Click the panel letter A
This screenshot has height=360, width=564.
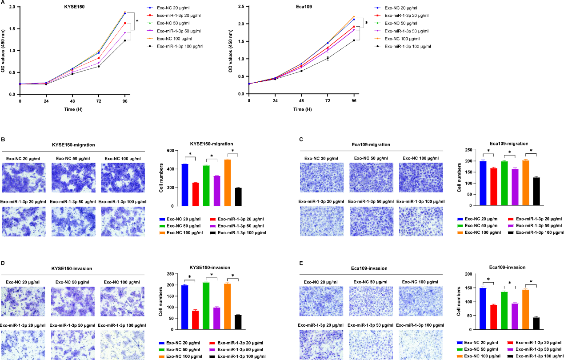coord(4,3)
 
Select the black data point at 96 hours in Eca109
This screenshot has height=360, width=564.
coord(354,40)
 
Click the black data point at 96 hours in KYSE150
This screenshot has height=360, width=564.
coord(125,41)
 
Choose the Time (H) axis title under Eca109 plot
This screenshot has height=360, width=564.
coord(301,109)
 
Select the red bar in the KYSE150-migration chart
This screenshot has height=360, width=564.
coord(196,194)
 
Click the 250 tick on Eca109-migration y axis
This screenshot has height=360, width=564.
coord(469,151)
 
